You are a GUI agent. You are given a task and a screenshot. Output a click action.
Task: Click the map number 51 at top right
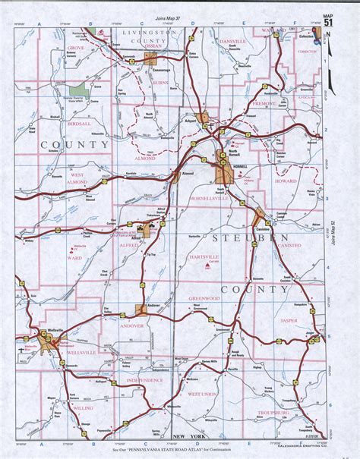tap(327, 22)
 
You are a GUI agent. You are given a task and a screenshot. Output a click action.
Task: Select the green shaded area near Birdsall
tap(78, 90)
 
